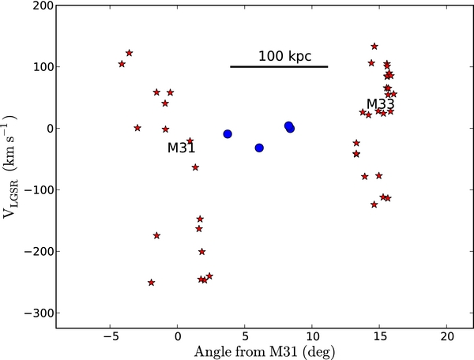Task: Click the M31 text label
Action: tap(181, 148)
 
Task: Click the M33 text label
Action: tap(380, 104)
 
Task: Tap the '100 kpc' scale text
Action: tap(284, 57)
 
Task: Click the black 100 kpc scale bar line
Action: tap(279, 66)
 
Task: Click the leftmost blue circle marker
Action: tap(228, 134)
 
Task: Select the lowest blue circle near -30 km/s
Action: tap(259, 148)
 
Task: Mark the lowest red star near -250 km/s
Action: tap(151, 283)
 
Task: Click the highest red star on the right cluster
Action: tap(374, 47)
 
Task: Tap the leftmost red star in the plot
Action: tap(122, 64)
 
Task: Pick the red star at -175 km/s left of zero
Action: tap(156, 235)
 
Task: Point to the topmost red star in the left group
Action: tap(129, 53)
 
